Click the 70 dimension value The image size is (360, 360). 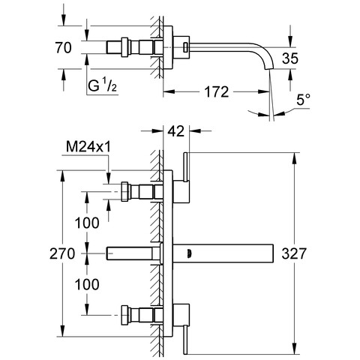click(64, 47)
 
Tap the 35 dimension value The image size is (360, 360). click(290, 58)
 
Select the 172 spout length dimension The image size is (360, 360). click(217, 91)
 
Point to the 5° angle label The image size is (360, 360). click(304, 100)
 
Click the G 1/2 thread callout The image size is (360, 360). click(102, 85)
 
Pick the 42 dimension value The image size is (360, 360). click(176, 130)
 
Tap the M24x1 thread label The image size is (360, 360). click(88, 147)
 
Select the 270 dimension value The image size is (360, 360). click(62, 253)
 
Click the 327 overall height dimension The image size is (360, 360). click(294, 253)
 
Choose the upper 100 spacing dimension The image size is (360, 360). click(87, 223)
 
